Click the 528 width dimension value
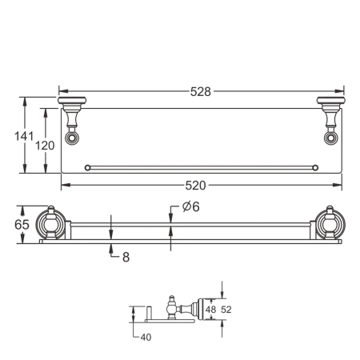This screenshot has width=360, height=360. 201,91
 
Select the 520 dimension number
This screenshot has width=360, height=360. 196,186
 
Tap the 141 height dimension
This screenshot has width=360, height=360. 23,136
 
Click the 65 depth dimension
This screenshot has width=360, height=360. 23,224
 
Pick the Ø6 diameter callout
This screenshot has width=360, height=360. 190,206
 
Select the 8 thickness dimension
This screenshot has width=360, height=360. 126,257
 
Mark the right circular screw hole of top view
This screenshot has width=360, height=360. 329,138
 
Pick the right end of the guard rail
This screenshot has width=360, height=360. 315,167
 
